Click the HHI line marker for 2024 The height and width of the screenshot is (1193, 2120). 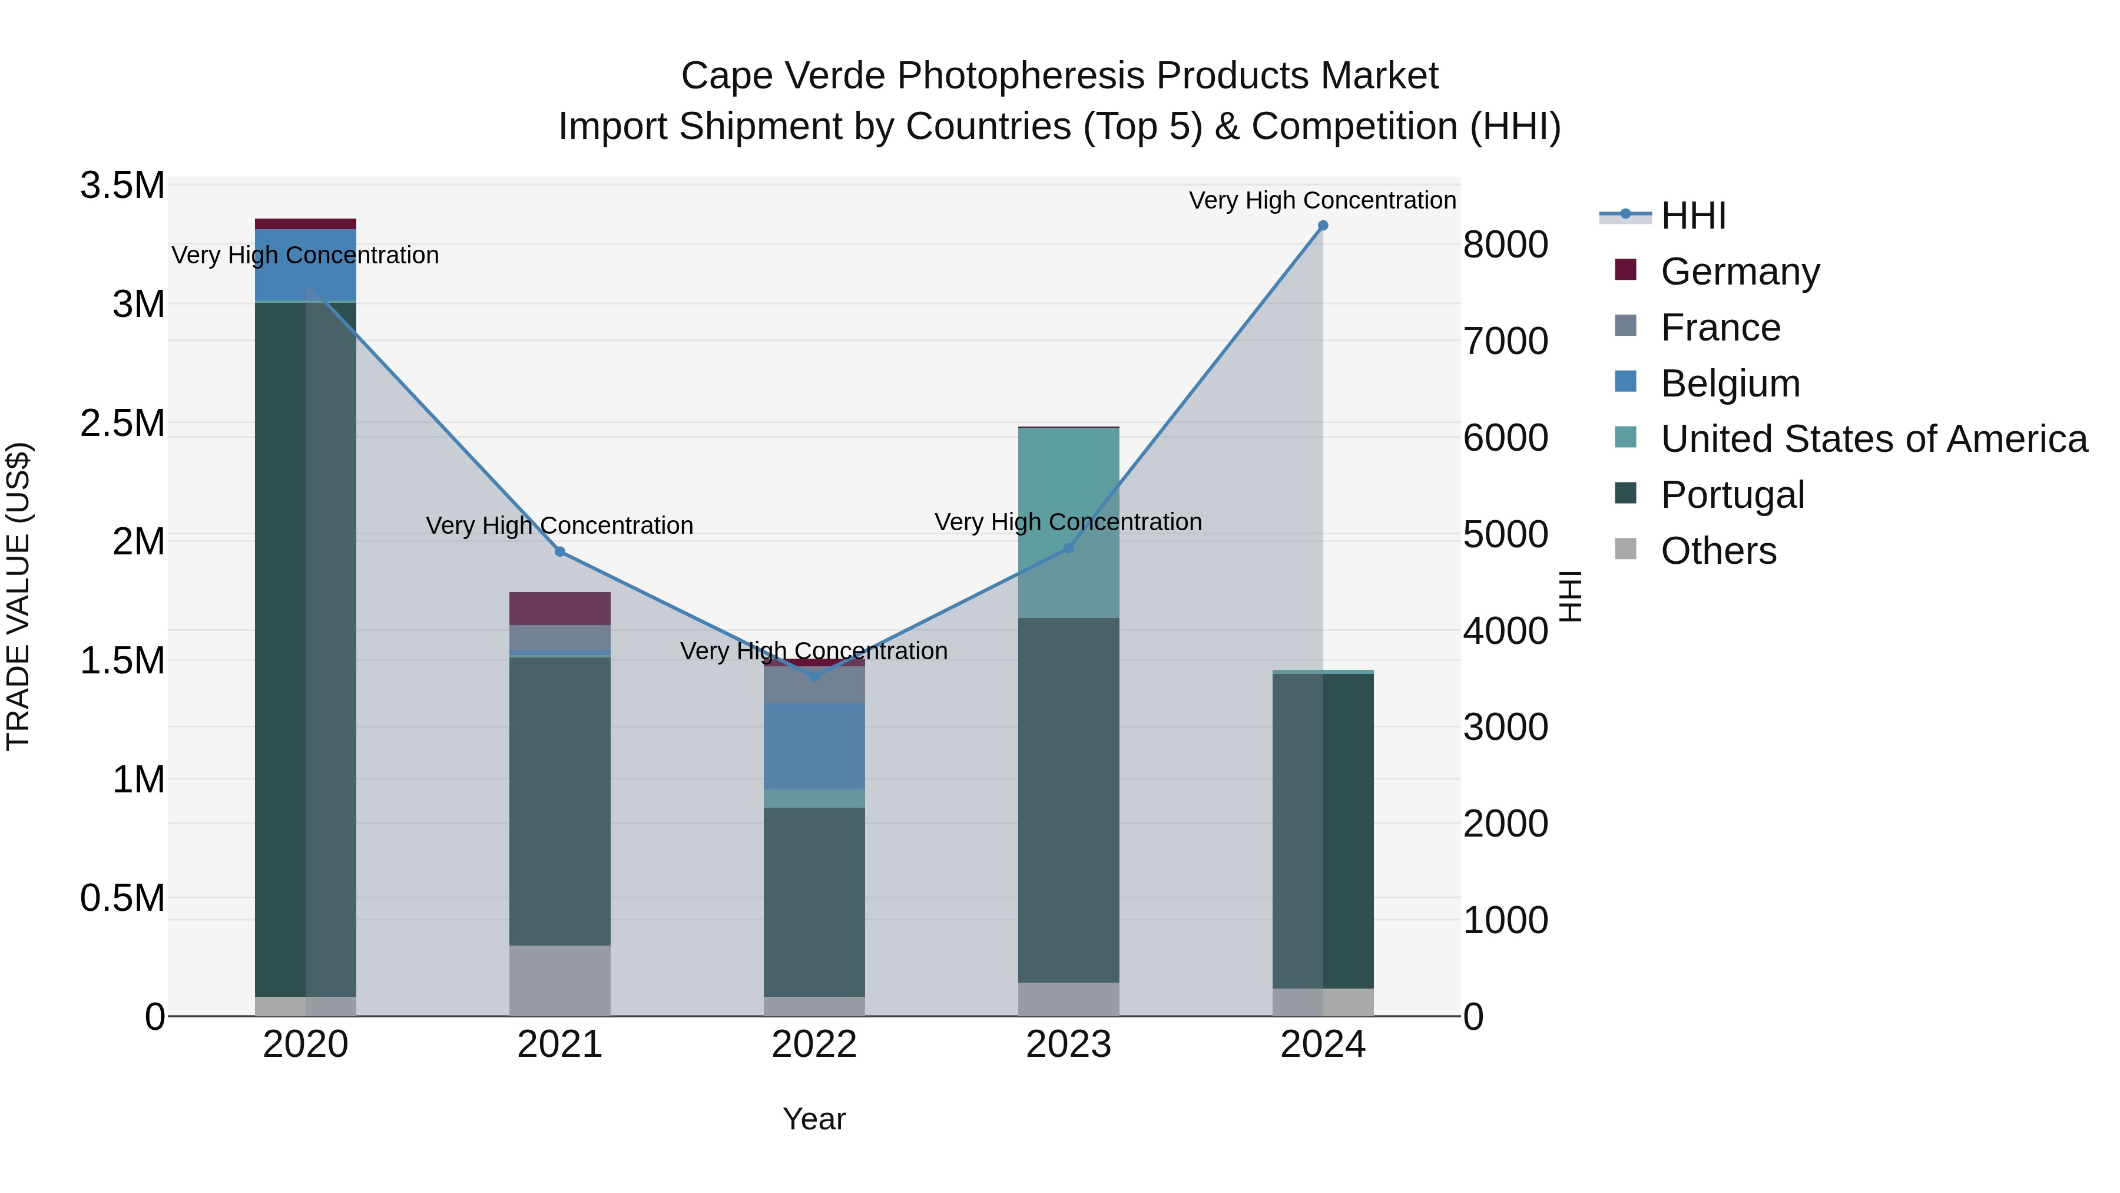click(x=1323, y=226)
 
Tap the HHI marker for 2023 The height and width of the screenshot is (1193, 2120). click(x=1068, y=548)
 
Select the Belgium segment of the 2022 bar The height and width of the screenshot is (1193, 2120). click(x=814, y=746)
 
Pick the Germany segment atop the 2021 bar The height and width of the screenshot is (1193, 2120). click(x=559, y=609)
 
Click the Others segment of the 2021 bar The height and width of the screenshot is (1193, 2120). click(x=559, y=980)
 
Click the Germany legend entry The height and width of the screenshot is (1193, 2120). click(x=1740, y=272)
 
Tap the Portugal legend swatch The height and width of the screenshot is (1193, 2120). click(x=1625, y=494)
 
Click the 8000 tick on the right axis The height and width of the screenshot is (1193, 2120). click(x=1505, y=244)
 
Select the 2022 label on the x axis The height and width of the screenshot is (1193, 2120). click(x=814, y=1045)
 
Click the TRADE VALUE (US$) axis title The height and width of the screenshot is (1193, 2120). click(x=18, y=596)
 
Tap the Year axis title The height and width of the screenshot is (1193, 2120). click(x=814, y=1119)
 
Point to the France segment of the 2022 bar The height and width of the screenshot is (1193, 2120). click(x=814, y=684)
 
